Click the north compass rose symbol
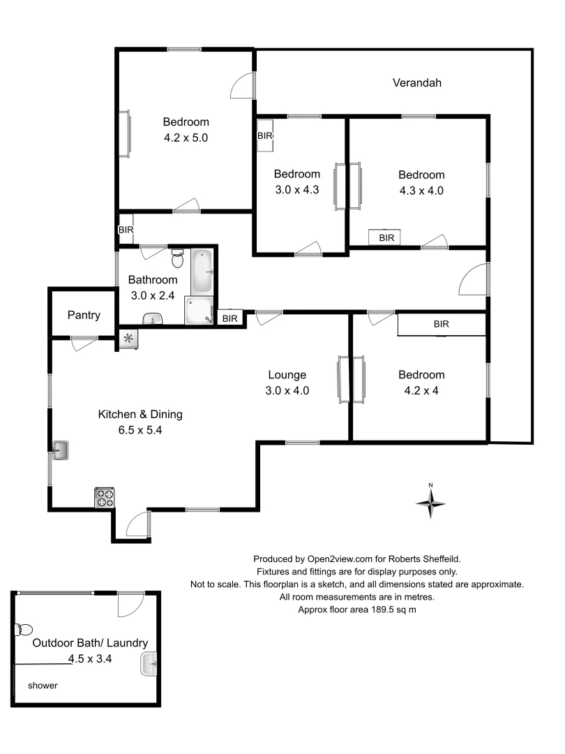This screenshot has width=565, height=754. pos(431,501)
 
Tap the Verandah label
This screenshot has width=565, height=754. pos(416,82)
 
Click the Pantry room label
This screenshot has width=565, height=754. pos(84,315)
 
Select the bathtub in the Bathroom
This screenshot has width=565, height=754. pos(203,271)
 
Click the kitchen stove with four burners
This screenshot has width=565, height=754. pos(105,497)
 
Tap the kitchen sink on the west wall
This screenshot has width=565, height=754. pos(61,450)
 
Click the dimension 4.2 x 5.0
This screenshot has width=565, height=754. pos(186,138)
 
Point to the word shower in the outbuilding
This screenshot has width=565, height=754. pos(43,686)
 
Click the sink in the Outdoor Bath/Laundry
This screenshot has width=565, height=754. pos(150,664)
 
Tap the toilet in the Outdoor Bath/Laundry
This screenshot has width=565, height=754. pos(21,630)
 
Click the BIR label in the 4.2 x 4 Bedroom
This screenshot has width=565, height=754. pos(441,324)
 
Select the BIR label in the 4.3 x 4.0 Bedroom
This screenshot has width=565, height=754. pos(386,238)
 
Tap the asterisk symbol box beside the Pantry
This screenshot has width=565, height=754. pos(128,339)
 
